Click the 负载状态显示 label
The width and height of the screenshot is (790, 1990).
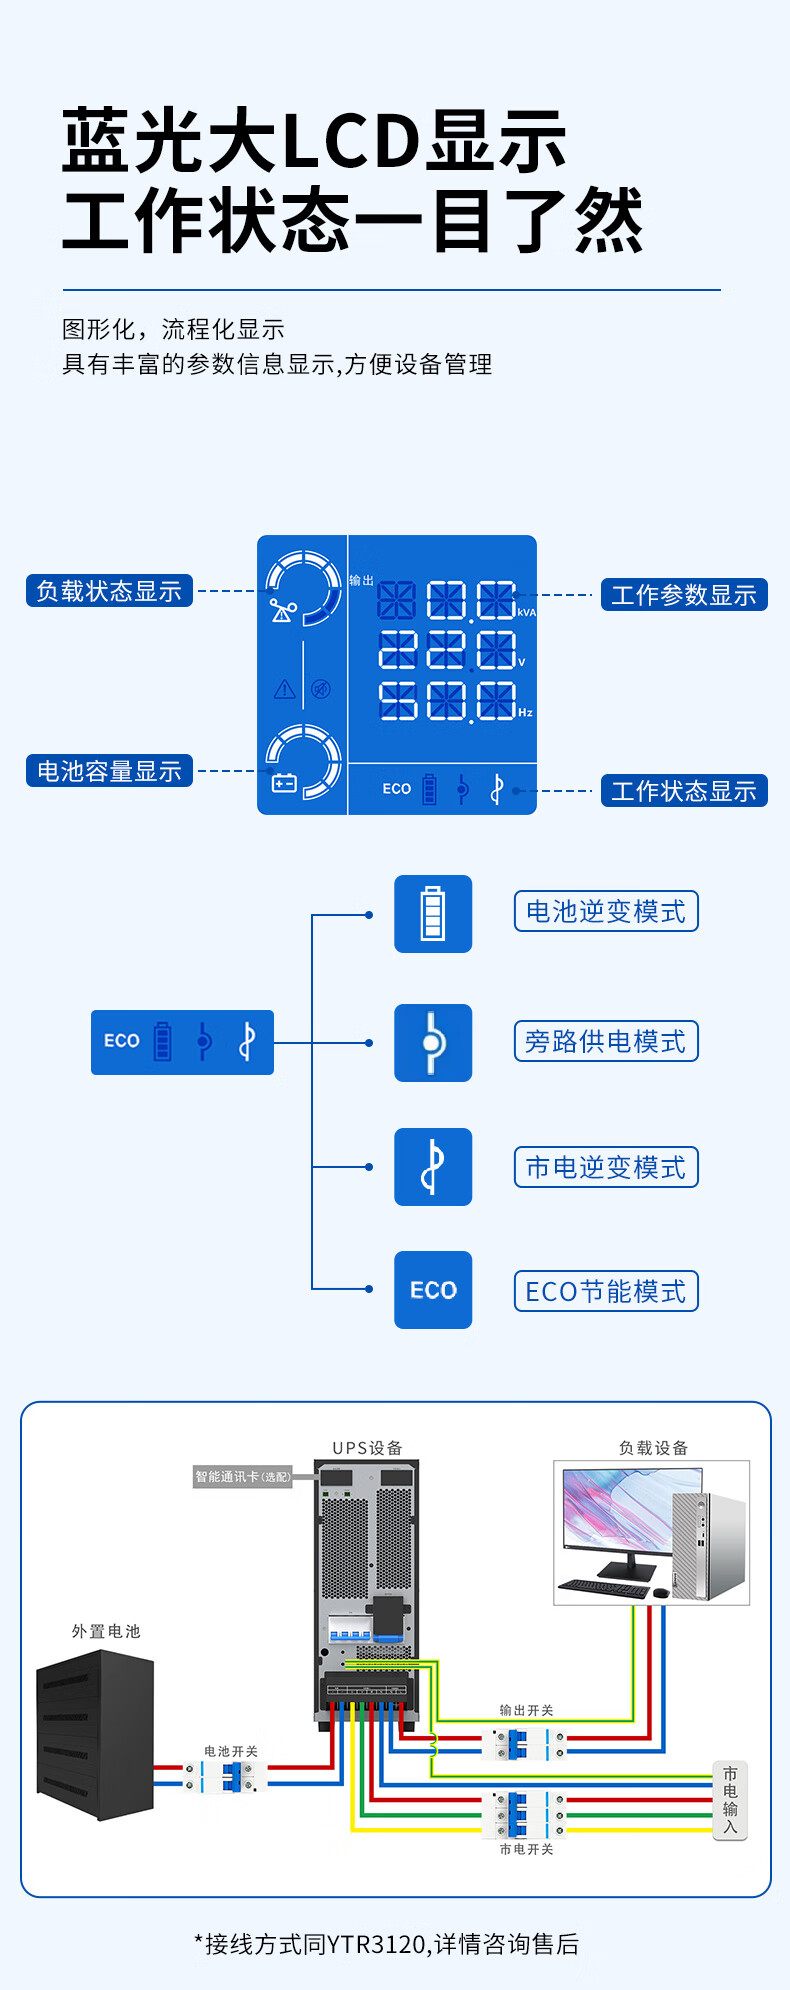pyautogui.click(x=108, y=591)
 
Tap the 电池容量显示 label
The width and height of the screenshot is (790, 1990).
pyautogui.click(x=108, y=771)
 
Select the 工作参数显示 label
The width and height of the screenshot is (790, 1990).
pyautogui.click(x=683, y=595)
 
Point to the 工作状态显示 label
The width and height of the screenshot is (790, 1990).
pyautogui.click(x=683, y=791)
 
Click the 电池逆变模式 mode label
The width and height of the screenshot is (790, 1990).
pyautogui.click(x=606, y=912)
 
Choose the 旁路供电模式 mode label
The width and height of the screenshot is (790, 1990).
pyautogui.click(x=606, y=1041)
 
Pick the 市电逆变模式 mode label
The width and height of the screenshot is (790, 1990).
pyautogui.click(x=606, y=1167)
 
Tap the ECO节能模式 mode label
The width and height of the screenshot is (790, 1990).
pyautogui.click(x=606, y=1291)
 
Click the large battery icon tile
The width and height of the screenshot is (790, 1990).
pyautogui.click(x=433, y=913)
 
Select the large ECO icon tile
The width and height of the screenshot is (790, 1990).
pyautogui.click(x=433, y=1290)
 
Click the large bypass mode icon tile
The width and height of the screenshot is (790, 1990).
pyautogui.click(x=433, y=1042)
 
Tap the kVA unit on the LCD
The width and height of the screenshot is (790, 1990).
pyautogui.click(x=527, y=612)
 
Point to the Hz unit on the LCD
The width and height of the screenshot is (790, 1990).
pyautogui.click(x=526, y=712)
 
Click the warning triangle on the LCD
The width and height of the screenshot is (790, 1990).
pyautogui.click(x=285, y=688)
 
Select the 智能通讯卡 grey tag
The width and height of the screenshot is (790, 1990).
pyautogui.click(x=243, y=1476)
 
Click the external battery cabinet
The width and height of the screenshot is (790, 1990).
pyautogui.click(x=96, y=1735)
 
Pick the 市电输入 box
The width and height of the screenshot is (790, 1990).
pyautogui.click(x=730, y=1800)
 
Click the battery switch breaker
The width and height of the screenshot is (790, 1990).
pyautogui.click(x=231, y=1776)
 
